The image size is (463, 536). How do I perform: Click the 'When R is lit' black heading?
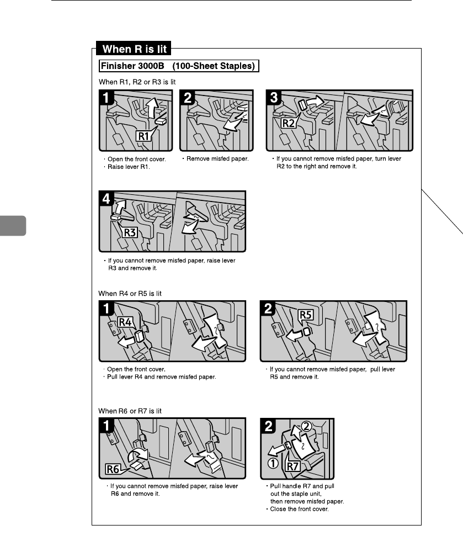point(134,49)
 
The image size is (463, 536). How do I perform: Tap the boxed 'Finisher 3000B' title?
point(179,66)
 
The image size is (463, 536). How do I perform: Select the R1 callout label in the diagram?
point(143,136)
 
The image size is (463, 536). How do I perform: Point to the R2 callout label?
point(289,123)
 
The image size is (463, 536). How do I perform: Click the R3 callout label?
point(130,232)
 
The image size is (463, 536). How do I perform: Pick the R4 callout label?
point(125,322)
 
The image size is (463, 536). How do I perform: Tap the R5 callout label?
point(306,315)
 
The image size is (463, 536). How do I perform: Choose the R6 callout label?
point(113,469)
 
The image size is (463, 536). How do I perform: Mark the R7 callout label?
point(293,466)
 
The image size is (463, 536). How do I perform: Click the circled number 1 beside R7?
point(273,464)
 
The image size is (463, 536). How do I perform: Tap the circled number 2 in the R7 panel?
point(306,427)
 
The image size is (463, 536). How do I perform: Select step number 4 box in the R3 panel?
point(106,198)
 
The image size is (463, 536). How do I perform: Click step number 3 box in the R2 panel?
point(273,97)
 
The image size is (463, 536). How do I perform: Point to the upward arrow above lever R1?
point(152,107)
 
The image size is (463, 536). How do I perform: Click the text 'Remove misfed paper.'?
point(217,158)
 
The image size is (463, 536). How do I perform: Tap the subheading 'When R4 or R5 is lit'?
point(130,293)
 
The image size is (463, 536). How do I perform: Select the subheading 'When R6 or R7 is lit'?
point(130,411)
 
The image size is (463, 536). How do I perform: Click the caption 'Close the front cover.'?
point(299,509)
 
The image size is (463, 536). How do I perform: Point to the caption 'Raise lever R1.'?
point(129,167)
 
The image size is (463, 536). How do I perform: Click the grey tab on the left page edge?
point(13,226)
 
